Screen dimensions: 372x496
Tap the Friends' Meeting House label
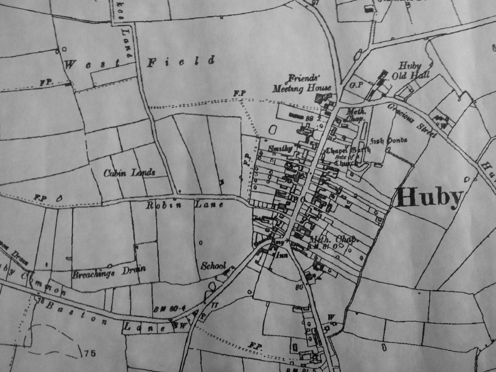301,84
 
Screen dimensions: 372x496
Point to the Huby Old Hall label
410,71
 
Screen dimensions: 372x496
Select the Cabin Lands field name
129,173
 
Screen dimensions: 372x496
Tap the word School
213,266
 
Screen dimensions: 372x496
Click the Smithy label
280,149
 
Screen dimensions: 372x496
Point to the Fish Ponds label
389,141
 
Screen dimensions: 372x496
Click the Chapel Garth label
348,150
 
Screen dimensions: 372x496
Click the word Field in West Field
181,62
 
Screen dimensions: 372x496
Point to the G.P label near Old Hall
356,85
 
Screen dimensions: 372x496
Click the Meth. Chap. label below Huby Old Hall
354,115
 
